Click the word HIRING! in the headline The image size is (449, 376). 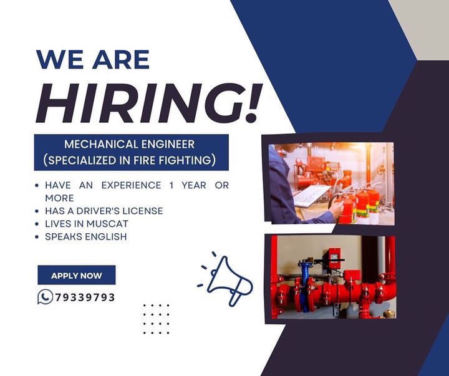click(x=149, y=104)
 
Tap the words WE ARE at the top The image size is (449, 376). click(x=93, y=59)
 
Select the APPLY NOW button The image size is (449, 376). click(x=77, y=275)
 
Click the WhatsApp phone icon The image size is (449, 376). click(x=46, y=297)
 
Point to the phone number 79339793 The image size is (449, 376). click(x=85, y=297)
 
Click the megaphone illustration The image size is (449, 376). click(x=226, y=279)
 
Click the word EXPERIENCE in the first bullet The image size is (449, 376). click(x=131, y=185)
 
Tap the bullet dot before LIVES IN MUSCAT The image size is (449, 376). click(x=37, y=224)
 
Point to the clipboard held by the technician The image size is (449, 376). click(x=312, y=195)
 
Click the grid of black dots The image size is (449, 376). click(x=157, y=319)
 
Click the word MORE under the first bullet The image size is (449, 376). click(x=60, y=198)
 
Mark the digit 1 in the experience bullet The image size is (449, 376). click(x=171, y=185)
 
